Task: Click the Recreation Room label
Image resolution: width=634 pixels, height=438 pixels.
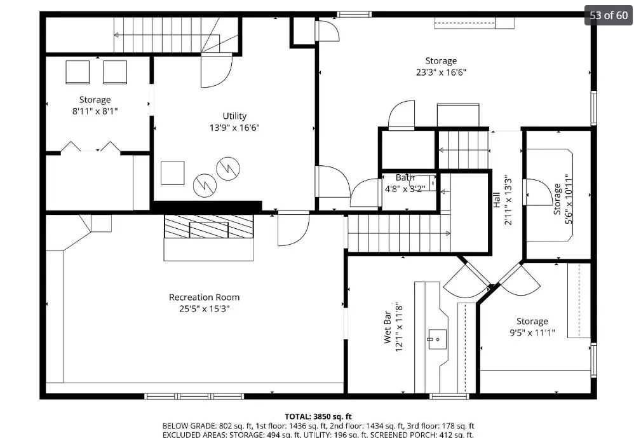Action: (x=204, y=298)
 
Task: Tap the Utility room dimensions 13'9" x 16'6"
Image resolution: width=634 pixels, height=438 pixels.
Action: (x=234, y=128)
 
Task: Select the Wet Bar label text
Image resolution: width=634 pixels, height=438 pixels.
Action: (x=388, y=327)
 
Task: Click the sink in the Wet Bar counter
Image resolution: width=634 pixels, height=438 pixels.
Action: (x=437, y=339)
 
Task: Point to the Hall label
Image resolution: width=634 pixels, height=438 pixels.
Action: (x=497, y=200)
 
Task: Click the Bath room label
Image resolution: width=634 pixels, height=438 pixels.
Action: (x=405, y=177)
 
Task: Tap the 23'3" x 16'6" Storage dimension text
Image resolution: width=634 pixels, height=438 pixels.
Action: (x=441, y=72)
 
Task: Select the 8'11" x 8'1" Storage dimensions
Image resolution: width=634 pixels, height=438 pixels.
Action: (x=95, y=111)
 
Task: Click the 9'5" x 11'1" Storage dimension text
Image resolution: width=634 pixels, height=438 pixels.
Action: (x=532, y=333)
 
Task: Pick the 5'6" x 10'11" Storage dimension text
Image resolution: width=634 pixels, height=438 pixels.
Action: (x=569, y=200)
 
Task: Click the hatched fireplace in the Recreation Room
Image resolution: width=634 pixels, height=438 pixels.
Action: (x=208, y=226)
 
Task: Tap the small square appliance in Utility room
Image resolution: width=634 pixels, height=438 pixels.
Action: (x=173, y=173)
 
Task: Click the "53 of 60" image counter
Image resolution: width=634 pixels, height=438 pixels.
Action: (x=609, y=15)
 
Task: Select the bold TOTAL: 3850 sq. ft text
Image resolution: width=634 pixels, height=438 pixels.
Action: (x=318, y=416)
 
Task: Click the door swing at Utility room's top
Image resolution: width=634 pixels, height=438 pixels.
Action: (x=217, y=71)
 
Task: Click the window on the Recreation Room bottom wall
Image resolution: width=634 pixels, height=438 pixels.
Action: (x=194, y=396)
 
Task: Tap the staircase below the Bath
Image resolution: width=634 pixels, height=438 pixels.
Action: (x=399, y=233)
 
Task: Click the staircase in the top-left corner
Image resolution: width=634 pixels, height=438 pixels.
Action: (x=166, y=35)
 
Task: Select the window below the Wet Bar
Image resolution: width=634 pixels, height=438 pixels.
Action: (x=449, y=396)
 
